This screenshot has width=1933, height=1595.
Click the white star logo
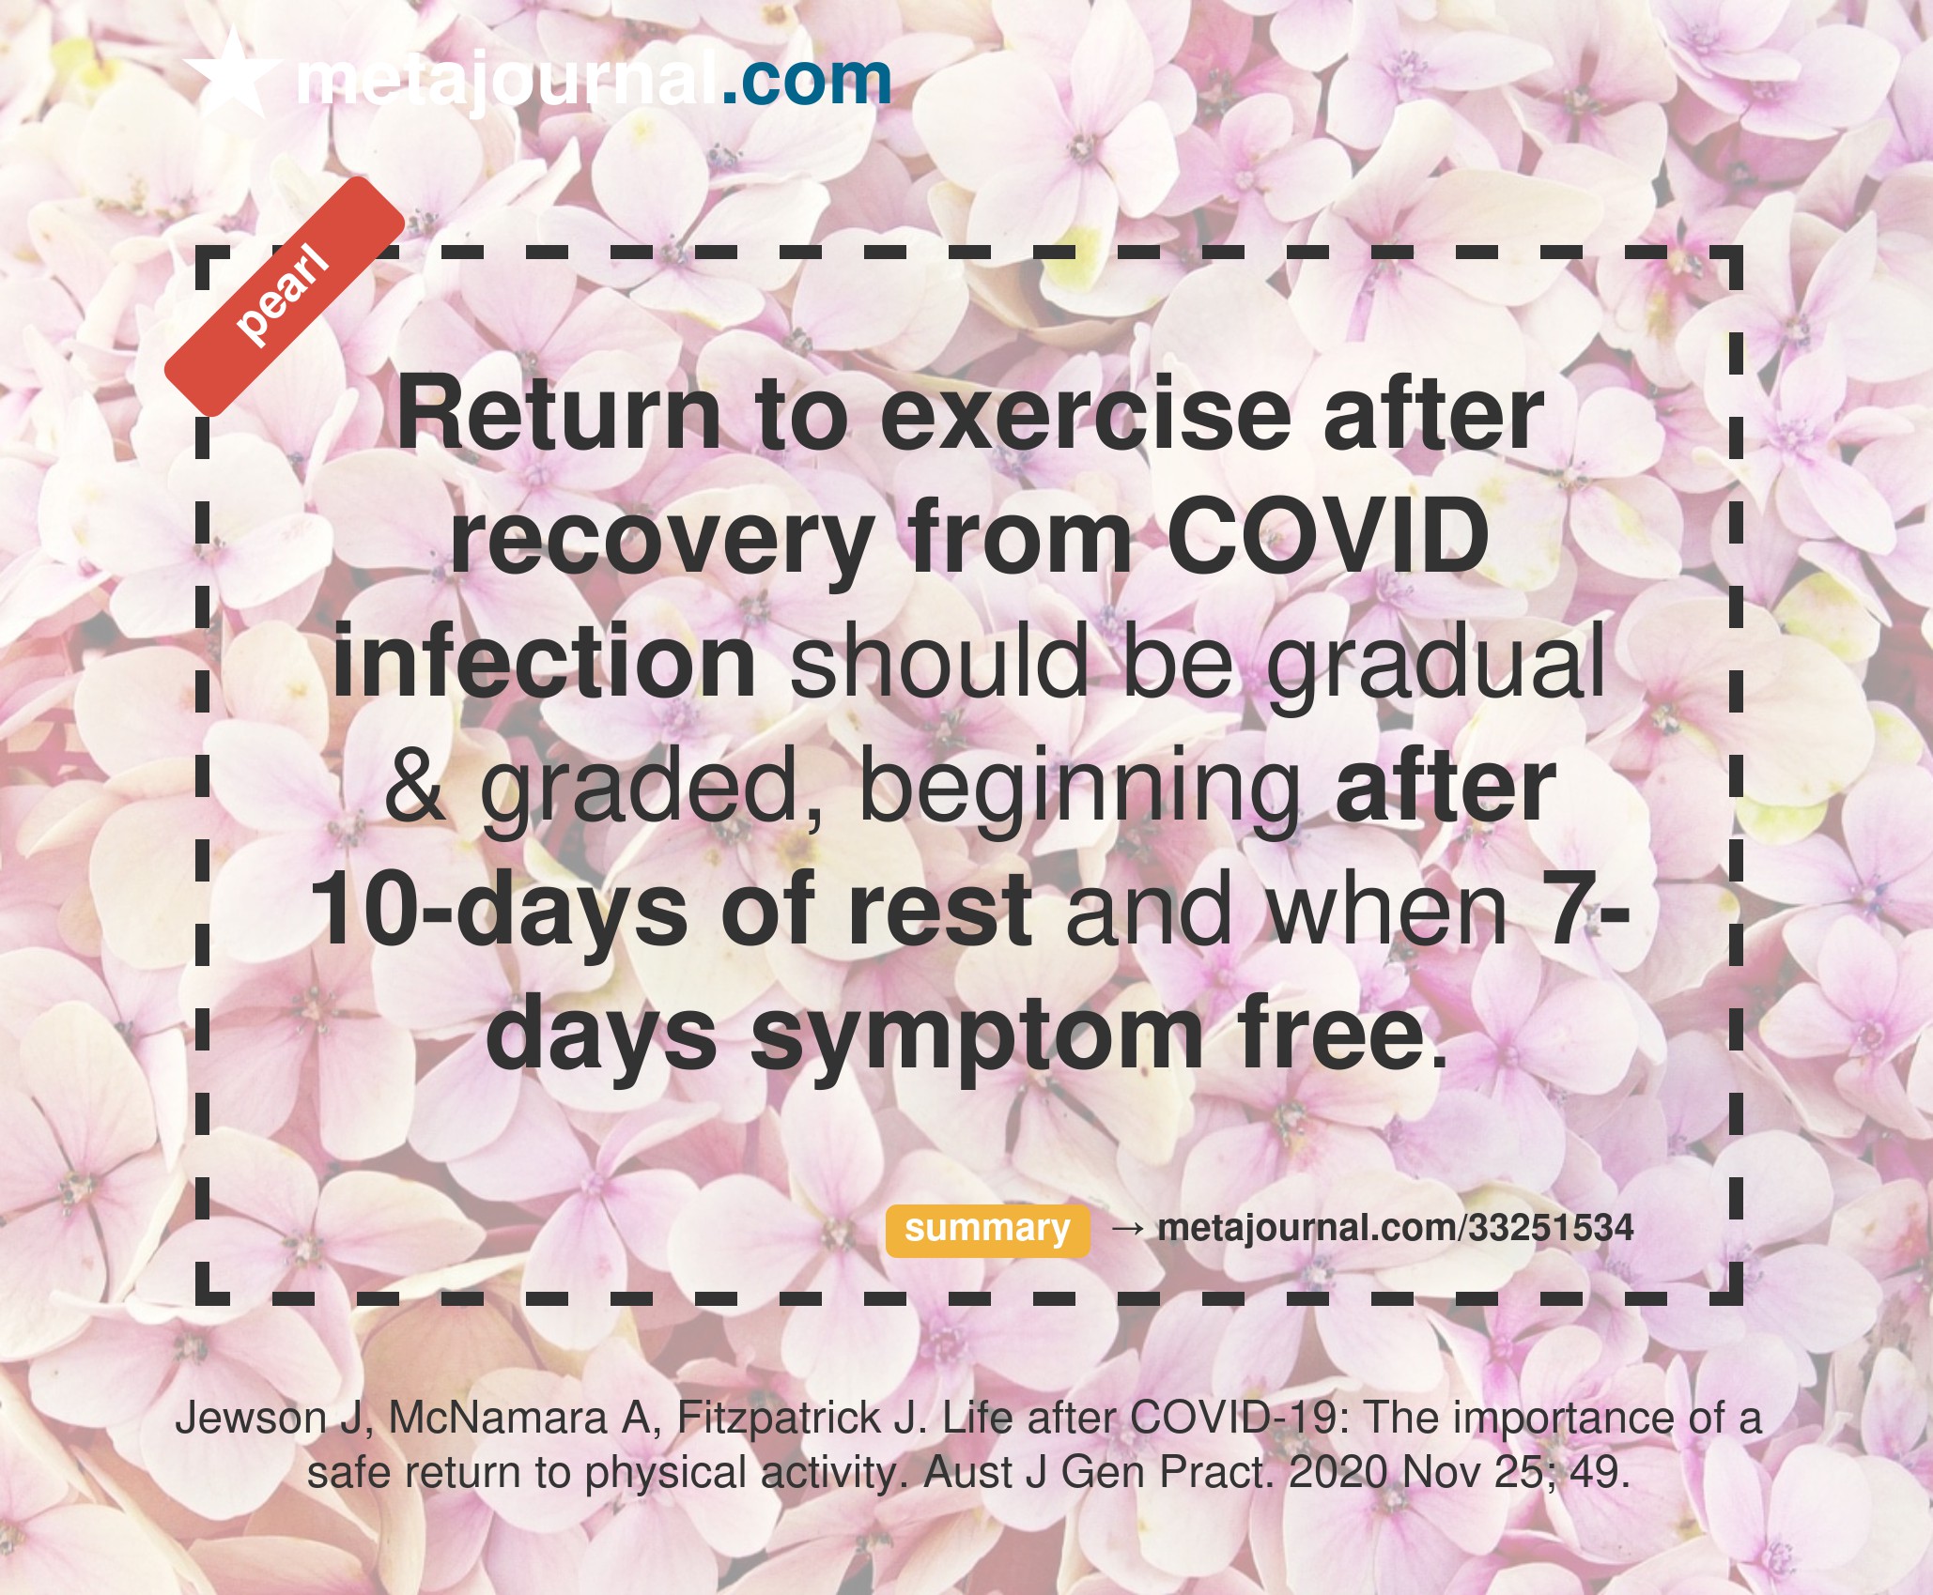pyautogui.click(x=232, y=73)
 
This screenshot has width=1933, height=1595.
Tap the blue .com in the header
pyautogui.click(x=806, y=81)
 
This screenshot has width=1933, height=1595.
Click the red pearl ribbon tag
pyautogui.click(x=285, y=296)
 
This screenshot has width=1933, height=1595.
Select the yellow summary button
pyautogui.click(x=987, y=1230)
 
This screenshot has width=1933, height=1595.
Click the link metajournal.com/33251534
pyautogui.click(x=1396, y=1228)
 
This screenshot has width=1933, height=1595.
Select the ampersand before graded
pyautogui.click(x=415, y=786)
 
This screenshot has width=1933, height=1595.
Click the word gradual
pyautogui.click(x=1437, y=666)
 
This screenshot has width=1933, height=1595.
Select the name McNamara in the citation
pyautogui.click(x=498, y=1418)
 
